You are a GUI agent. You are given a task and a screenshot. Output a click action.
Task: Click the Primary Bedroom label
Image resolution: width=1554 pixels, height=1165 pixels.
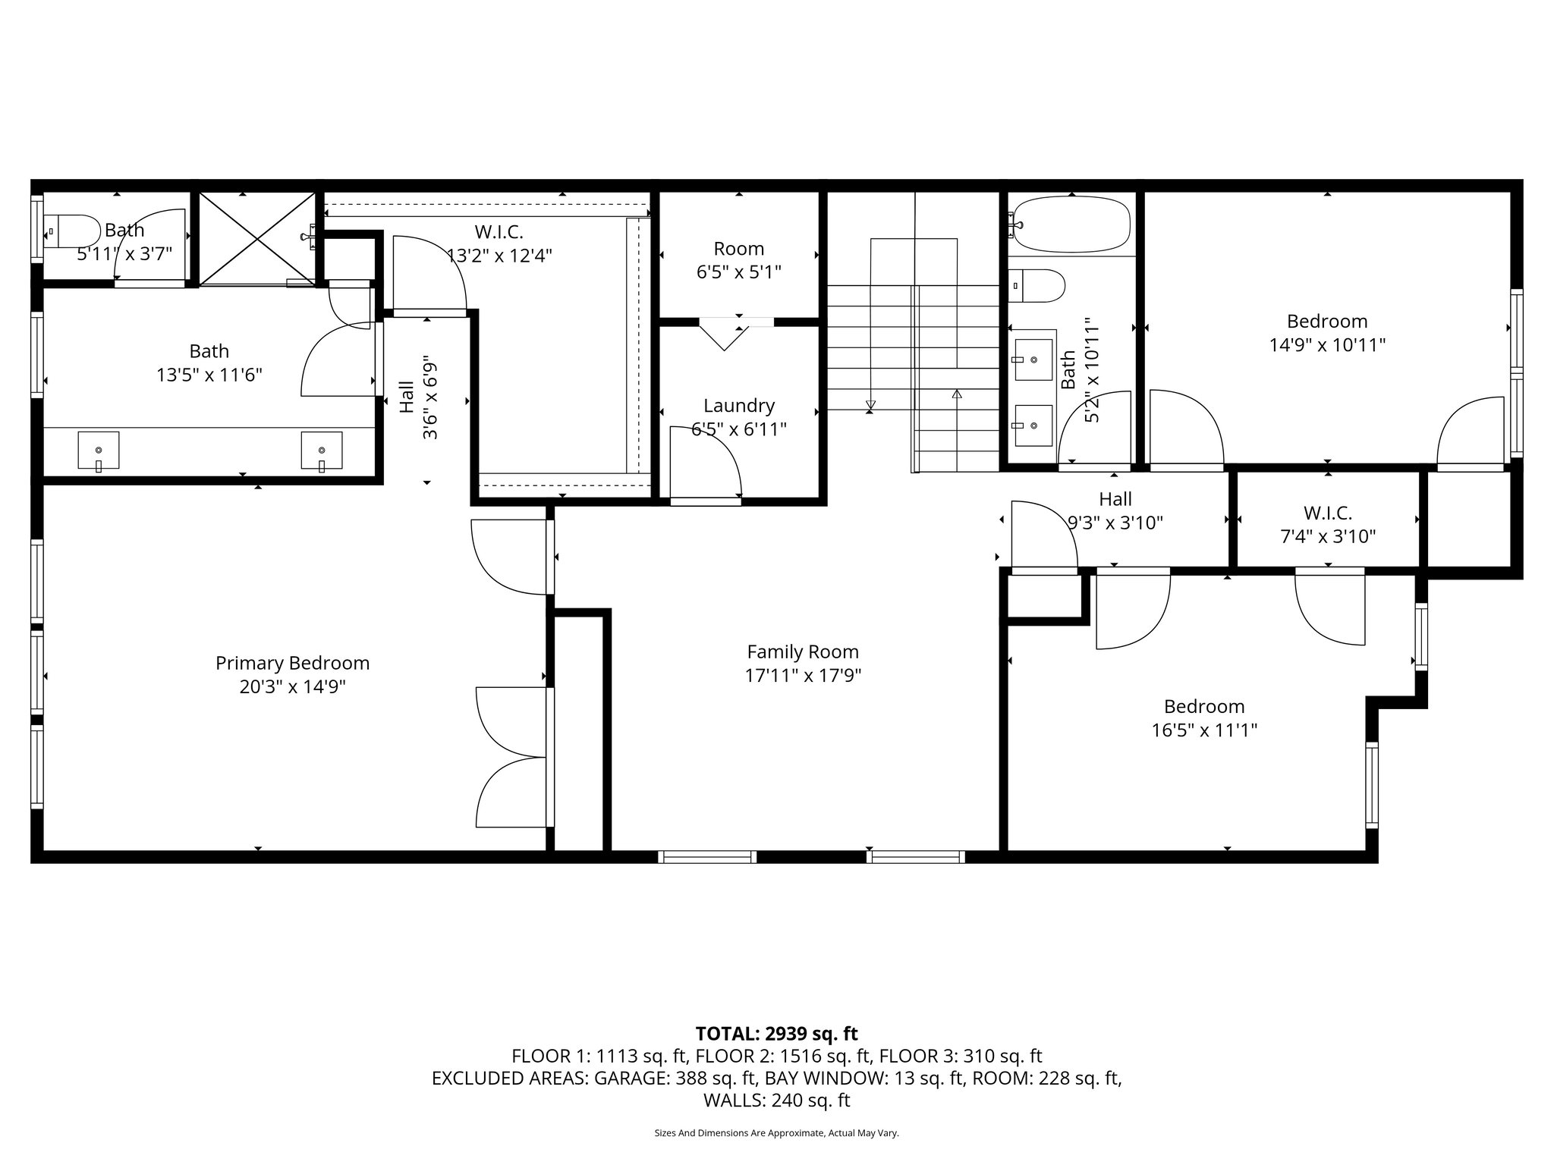pyautogui.click(x=292, y=663)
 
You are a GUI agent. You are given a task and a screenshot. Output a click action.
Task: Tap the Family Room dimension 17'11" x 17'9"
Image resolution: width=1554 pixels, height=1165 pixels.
pyautogui.click(x=803, y=675)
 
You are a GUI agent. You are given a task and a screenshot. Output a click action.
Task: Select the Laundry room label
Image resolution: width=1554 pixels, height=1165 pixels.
pyautogui.click(x=738, y=406)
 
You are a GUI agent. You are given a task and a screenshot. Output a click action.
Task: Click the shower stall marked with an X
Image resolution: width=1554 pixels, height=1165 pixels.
pyautogui.click(x=257, y=238)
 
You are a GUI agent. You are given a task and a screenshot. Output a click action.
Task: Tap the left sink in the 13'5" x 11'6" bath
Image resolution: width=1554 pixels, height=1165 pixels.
pyautogui.click(x=99, y=451)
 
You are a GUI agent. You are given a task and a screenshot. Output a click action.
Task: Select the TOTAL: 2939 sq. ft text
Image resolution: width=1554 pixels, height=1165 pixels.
pyautogui.click(x=776, y=1033)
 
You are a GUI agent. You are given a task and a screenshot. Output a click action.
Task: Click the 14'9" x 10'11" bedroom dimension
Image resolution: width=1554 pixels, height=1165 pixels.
pyautogui.click(x=1327, y=345)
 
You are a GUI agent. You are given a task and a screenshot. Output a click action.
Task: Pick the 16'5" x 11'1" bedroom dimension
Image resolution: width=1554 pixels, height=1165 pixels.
pyautogui.click(x=1204, y=730)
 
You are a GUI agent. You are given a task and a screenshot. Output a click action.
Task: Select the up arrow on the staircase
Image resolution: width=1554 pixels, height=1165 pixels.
pyautogui.click(x=957, y=394)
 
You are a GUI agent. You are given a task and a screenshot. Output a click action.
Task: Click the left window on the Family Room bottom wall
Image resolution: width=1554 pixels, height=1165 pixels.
pyautogui.click(x=707, y=857)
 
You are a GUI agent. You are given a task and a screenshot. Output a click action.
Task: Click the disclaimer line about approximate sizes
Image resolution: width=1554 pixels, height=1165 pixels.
pyautogui.click(x=776, y=1133)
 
